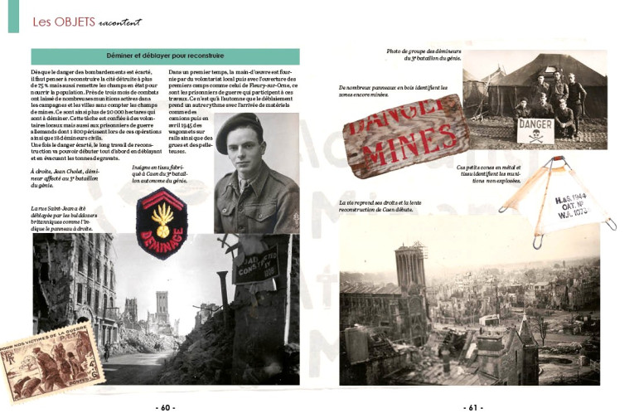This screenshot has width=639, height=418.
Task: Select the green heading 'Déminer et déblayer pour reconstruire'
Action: click(x=165, y=56)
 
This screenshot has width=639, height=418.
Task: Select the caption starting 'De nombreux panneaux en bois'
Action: click(x=377, y=91)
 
